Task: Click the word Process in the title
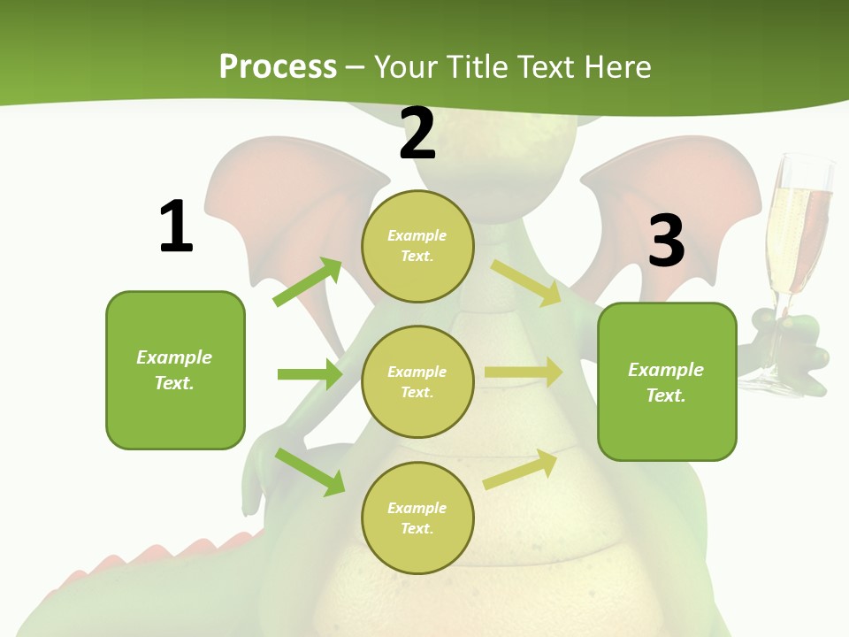(x=278, y=66)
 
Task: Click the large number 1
(x=176, y=226)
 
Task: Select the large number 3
(x=666, y=241)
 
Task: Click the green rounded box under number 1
(x=175, y=370)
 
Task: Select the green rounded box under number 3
(x=667, y=381)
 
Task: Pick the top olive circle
(x=417, y=245)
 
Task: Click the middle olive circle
(x=417, y=381)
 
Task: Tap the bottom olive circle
(x=417, y=518)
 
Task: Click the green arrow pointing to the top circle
(x=308, y=282)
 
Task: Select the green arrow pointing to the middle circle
(x=310, y=374)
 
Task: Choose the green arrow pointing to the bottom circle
(x=310, y=472)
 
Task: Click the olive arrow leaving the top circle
(x=526, y=282)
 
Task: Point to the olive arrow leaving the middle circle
(x=524, y=372)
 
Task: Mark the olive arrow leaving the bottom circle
(x=520, y=470)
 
